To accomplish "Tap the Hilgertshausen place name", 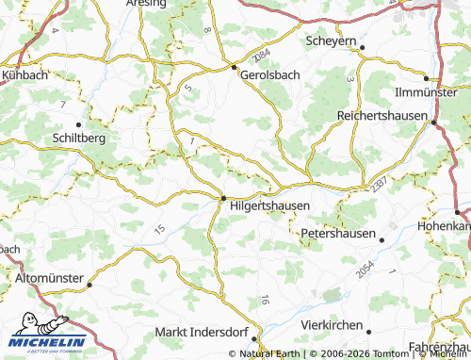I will pos(270,202).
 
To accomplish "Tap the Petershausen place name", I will pos(338,233).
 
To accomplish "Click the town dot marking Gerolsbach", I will pos(234,66).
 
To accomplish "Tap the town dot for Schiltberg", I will pos(79,123).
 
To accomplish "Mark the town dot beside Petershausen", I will pos(382,239).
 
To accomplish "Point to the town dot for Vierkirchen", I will pos(368,331).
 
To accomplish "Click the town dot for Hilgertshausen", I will pos(222,198).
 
